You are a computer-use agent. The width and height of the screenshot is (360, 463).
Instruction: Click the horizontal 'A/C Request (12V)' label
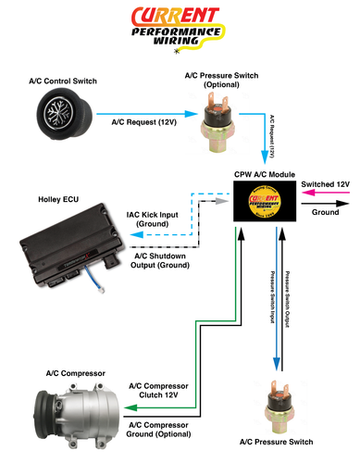click(144, 121)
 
